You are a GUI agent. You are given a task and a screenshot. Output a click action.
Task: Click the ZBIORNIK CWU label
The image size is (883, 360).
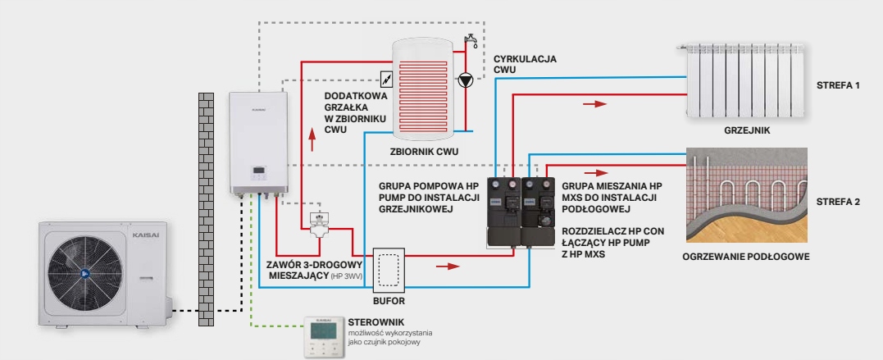pos(423,152)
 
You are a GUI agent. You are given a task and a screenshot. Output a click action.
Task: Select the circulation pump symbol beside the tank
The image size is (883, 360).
pos(467,80)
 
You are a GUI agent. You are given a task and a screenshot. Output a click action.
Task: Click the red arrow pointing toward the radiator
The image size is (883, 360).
pos(601,104)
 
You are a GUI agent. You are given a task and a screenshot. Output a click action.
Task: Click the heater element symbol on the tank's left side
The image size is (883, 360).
pos(385,80)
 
